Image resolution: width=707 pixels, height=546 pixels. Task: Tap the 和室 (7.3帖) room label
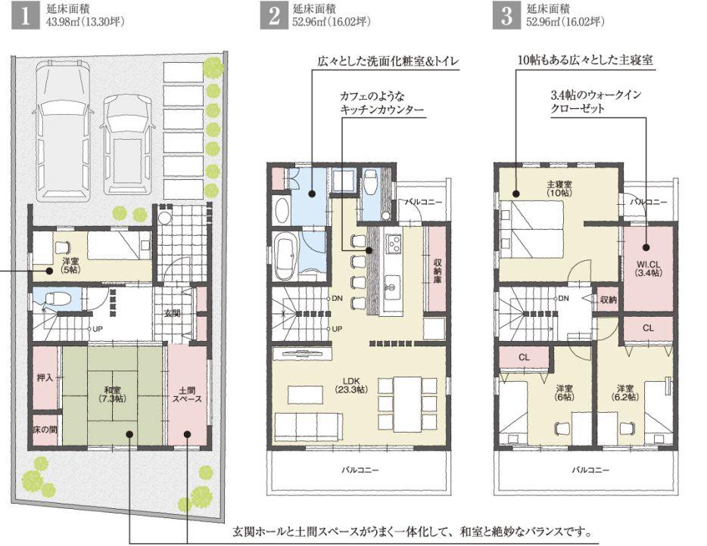point(113,394)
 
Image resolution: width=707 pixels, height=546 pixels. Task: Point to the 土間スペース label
point(185,394)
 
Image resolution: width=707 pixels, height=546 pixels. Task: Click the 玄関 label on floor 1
point(172,312)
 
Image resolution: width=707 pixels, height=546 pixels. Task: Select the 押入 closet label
point(45,376)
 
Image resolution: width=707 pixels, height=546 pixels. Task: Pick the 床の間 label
point(45,429)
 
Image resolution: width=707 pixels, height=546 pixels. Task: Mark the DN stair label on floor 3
point(563,298)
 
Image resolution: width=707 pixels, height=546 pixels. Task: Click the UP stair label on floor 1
point(98,329)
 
